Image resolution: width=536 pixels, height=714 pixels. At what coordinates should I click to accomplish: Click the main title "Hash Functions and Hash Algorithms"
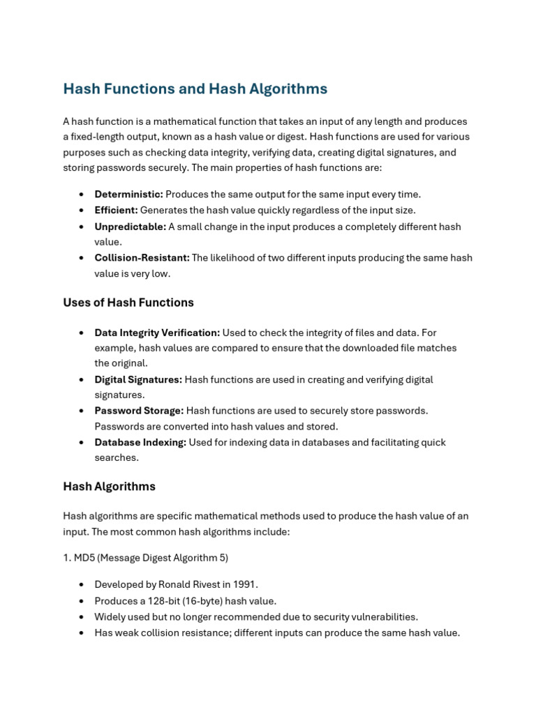pyautogui.click(x=195, y=89)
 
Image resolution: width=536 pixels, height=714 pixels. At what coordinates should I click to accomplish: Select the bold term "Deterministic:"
pyautogui.click(x=128, y=195)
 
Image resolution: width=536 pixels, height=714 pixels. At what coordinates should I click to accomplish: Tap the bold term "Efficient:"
pyautogui.click(x=116, y=211)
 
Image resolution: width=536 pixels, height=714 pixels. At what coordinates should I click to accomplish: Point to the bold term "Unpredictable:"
pyautogui.click(x=130, y=227)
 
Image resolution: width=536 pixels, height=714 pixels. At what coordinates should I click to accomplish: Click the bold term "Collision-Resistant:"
pyautogui.click(x=142, y=258)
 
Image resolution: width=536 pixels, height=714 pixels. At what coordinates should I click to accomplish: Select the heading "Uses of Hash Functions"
pyautogui.click(x=128, y=303)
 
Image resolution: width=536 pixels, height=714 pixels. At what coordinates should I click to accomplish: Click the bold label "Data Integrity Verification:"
pyautogui.click(x=157, y=333)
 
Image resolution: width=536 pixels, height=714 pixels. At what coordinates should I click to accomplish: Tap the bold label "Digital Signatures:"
pyautogui.click(x=138, y=380)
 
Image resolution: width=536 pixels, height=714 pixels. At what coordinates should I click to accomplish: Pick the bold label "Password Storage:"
pyautogui.click(x=139, y=411)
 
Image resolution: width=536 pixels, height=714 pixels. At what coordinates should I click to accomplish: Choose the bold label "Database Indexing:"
pyautogui.click(x=140, y=443)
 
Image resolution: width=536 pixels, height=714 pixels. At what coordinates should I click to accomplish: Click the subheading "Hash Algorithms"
pyautogui.click(x=109, y=487)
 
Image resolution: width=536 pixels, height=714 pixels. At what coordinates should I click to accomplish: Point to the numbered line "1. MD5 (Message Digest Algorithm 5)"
pyautogui.click(x=145, y=558)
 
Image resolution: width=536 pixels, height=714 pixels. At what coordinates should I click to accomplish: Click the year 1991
pyautogui.click(x=245, y=585)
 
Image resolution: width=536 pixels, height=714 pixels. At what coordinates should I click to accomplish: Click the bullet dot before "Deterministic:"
pyautogui.click(x=82, y=195)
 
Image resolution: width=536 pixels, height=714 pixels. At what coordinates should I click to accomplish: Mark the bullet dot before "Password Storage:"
pyautogui.click(x=82, y=411)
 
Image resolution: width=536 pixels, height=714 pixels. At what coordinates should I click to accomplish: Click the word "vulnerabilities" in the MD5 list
pyautogui.click(x=382, y=617)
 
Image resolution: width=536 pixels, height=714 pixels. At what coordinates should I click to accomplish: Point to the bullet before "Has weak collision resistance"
pyautogui.click(x=82, y=633)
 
